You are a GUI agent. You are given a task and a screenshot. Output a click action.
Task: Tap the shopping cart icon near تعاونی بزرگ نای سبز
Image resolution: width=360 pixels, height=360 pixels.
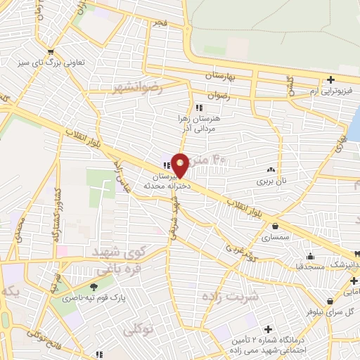pos(50,51)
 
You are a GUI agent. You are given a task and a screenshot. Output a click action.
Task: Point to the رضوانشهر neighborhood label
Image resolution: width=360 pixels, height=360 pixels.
pos(137,88)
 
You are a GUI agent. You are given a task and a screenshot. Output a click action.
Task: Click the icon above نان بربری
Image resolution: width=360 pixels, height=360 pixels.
pos(271,169)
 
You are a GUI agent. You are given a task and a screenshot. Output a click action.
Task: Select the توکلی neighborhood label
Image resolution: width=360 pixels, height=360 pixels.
pos(139,329)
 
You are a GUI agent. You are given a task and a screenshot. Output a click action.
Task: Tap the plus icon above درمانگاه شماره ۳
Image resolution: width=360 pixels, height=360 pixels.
pos(267,328)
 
